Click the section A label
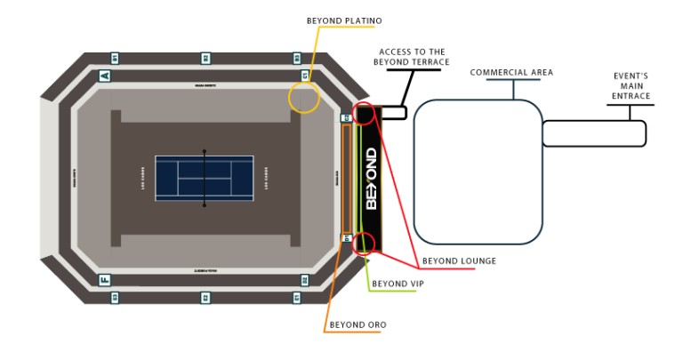tap(105, 76)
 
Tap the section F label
tap(105, 280)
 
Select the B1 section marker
tap(115, 58)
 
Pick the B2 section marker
tap(205, 58)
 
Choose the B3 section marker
tap(297, 58)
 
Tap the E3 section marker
tap(115, 298)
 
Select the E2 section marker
tap(205, 298)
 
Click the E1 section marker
tap(297, 298)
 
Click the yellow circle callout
tap(303, 98)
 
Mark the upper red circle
tap(364, 114)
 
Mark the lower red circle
tap(364, 244)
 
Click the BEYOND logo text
tap(372, 179)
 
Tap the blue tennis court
tap(205, 178)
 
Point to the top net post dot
tap(205, 151)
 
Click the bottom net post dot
tap(205, 205)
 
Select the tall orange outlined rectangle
tap(347, 179)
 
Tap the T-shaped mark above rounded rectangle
tap(513, 85)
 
